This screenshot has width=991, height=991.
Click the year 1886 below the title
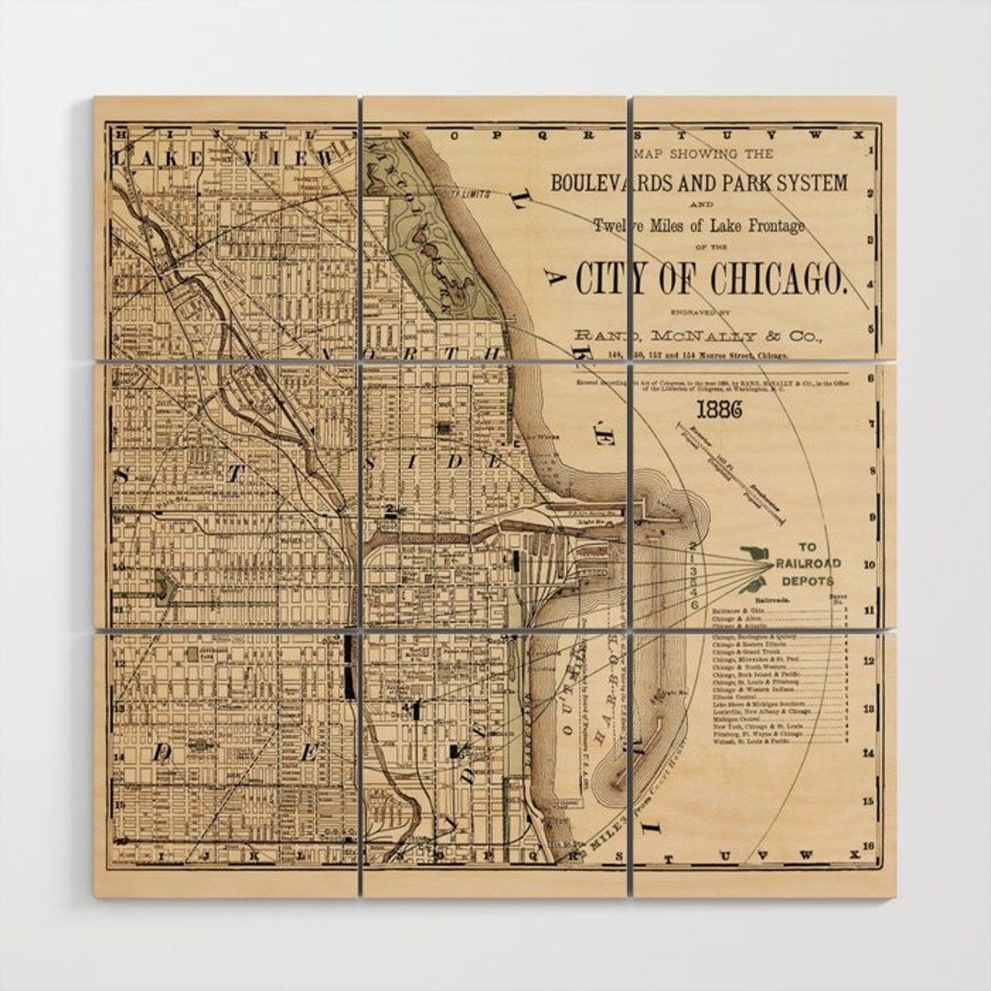[x=718, y=409]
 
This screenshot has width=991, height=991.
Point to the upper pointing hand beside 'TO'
[x=757, y=554]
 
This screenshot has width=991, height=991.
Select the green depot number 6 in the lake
[x=694, y=605]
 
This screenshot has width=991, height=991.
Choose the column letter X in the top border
[x=858, y=134]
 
